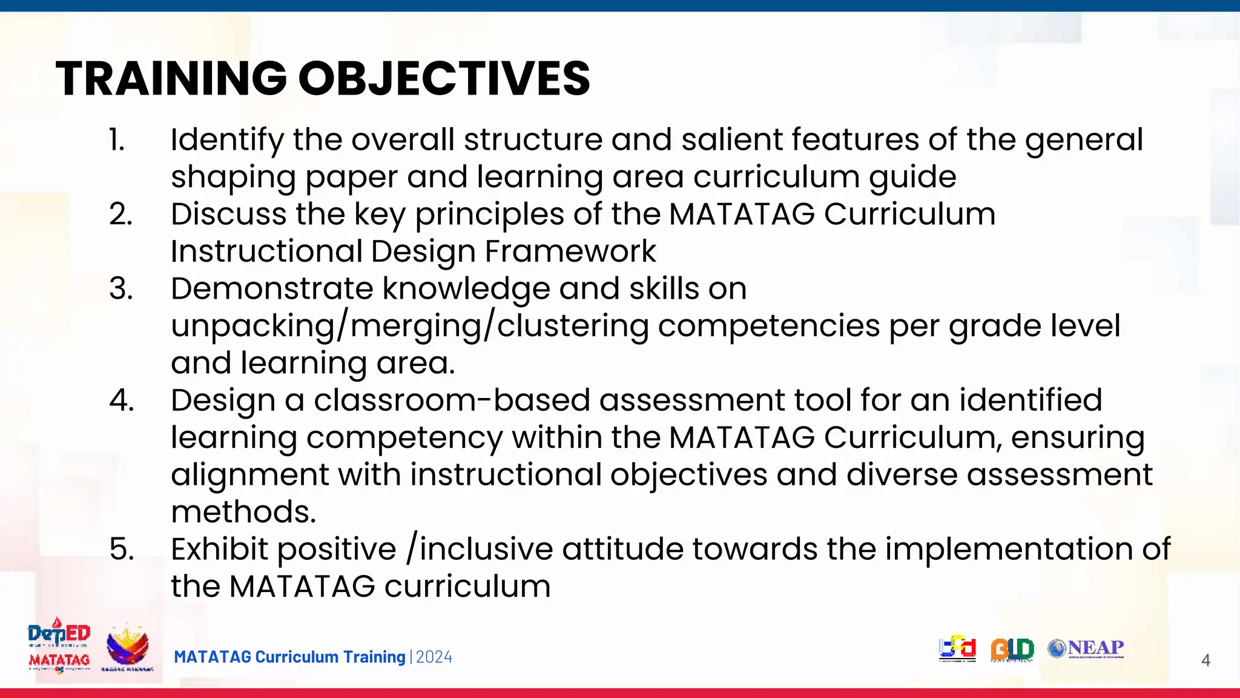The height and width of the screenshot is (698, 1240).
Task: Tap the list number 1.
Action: pyautogui.click(x=117, y=140)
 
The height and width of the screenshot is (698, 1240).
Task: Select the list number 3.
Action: pyautogui.click(x=120, y=289)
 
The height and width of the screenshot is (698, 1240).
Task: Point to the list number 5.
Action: pyautogui.click(x=121, y=550)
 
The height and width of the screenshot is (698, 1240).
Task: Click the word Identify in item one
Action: pyautogui.click(x=227, y=140)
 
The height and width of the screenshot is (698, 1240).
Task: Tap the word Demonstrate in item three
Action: pyautogui.click(x=272, y=289)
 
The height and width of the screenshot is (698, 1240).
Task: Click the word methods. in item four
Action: pyautogui.click(x=243, y=512)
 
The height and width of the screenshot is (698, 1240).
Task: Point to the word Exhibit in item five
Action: pyautogui.click(x=219, y=550)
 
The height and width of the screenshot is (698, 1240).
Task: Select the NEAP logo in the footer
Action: pyautogui.click(x=1086, y=648)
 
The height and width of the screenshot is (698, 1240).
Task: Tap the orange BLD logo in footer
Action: pyautogui.click(x=1012, y=650)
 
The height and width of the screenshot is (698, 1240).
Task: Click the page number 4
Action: pyautogui.click(x=1205, y=660)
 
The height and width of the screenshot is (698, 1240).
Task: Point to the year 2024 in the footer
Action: pyautogui.click(x=434, y=657)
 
